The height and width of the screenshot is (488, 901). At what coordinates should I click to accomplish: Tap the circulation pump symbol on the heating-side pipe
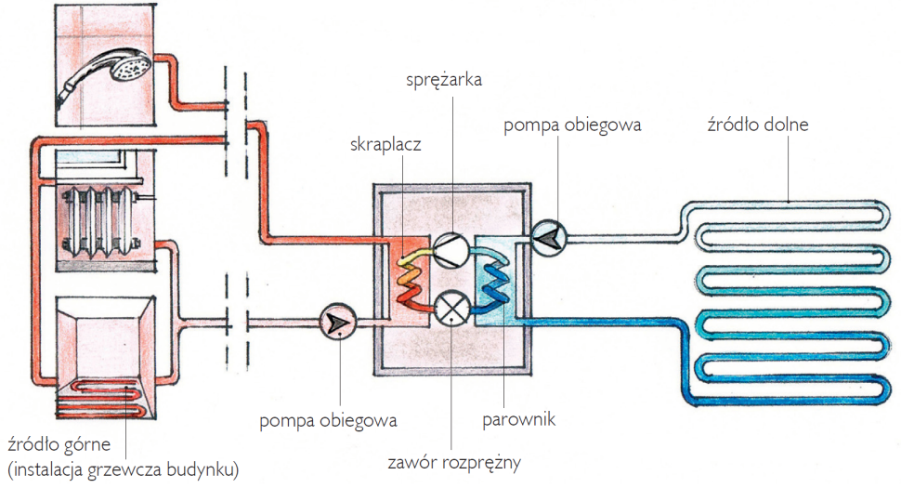pyautogui.click(x=333, y=323)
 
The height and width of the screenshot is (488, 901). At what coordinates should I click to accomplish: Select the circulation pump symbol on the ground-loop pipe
pyautogui.click(x=548, y=239)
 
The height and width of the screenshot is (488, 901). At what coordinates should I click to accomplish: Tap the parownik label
pyautogui.click(x=518, y=420)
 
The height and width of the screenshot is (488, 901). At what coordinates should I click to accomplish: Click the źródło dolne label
pyautogui.click(x=757, y=124)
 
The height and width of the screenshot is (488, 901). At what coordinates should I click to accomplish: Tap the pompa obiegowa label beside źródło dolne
pyautogui.click(x=572, y=124)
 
